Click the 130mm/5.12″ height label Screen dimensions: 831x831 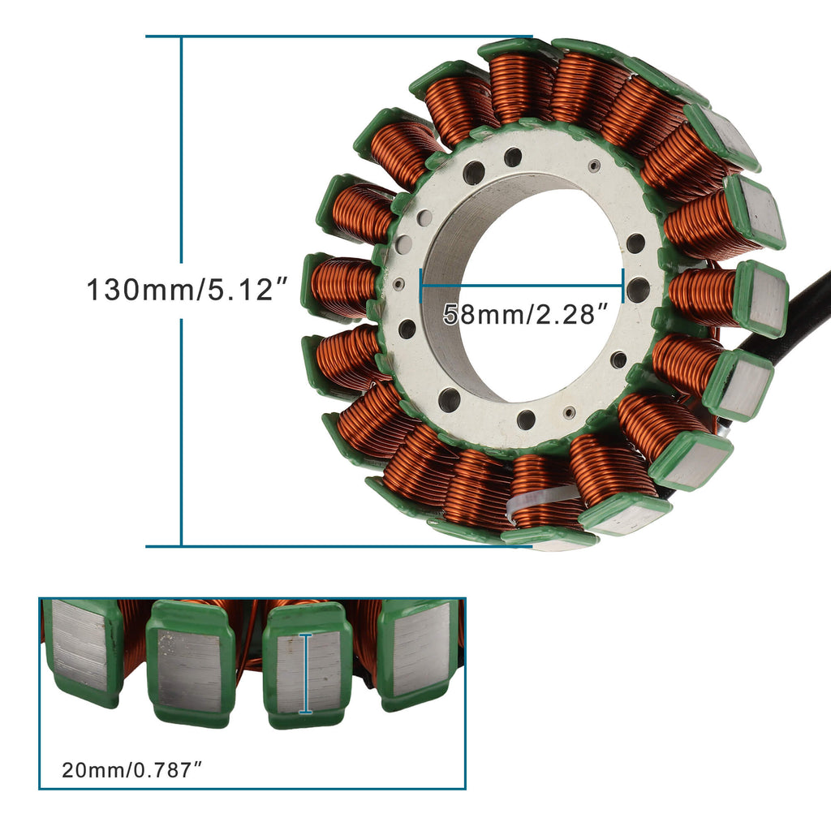click(187, 290)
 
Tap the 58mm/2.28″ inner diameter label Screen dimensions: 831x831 click(525, 315)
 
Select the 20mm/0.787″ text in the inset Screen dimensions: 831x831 click(131, 769)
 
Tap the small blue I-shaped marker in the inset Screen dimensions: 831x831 click(306, 674)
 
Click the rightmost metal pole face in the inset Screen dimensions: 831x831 click(420, 649)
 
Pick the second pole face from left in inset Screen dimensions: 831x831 click(188, 670)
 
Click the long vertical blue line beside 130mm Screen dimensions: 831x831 click(181, 162)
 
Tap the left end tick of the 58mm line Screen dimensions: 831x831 click(420, 286)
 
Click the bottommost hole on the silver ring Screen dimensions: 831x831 click(526, 420)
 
